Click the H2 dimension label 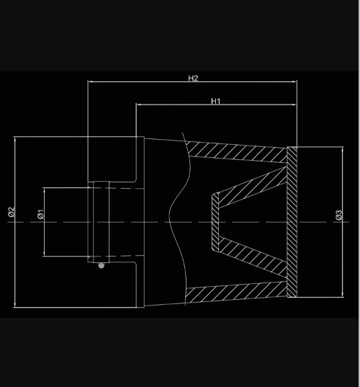point(193,79)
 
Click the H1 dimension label point(216,101)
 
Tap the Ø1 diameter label point(41,214)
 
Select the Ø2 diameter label point(12,212)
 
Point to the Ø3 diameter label point(339,215)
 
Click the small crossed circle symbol point(101,266)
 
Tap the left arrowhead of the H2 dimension point(91,81)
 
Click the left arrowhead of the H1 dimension point(139,104)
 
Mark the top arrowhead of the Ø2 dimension point(15,139)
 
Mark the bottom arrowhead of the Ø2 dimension point(15,305)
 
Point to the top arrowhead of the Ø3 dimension point(343,150)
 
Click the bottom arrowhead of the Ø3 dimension point(343,295)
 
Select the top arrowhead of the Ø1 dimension point(45,190)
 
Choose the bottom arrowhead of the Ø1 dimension point(45,254)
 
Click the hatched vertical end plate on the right point(292,222)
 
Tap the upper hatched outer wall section point(237,151)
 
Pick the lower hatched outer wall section point(237,293)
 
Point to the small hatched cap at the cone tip point(215,222)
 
